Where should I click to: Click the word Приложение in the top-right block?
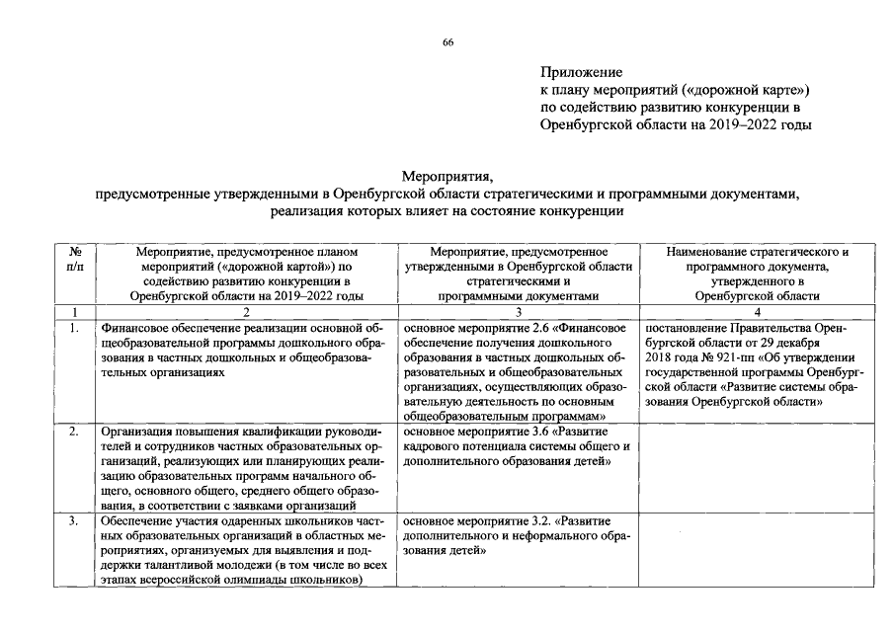pos(582,72)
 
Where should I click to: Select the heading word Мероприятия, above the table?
pos(447,176)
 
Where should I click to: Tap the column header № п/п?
pos(74,260)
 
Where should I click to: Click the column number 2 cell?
pos(246,311)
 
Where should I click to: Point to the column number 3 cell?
pos(519,311)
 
